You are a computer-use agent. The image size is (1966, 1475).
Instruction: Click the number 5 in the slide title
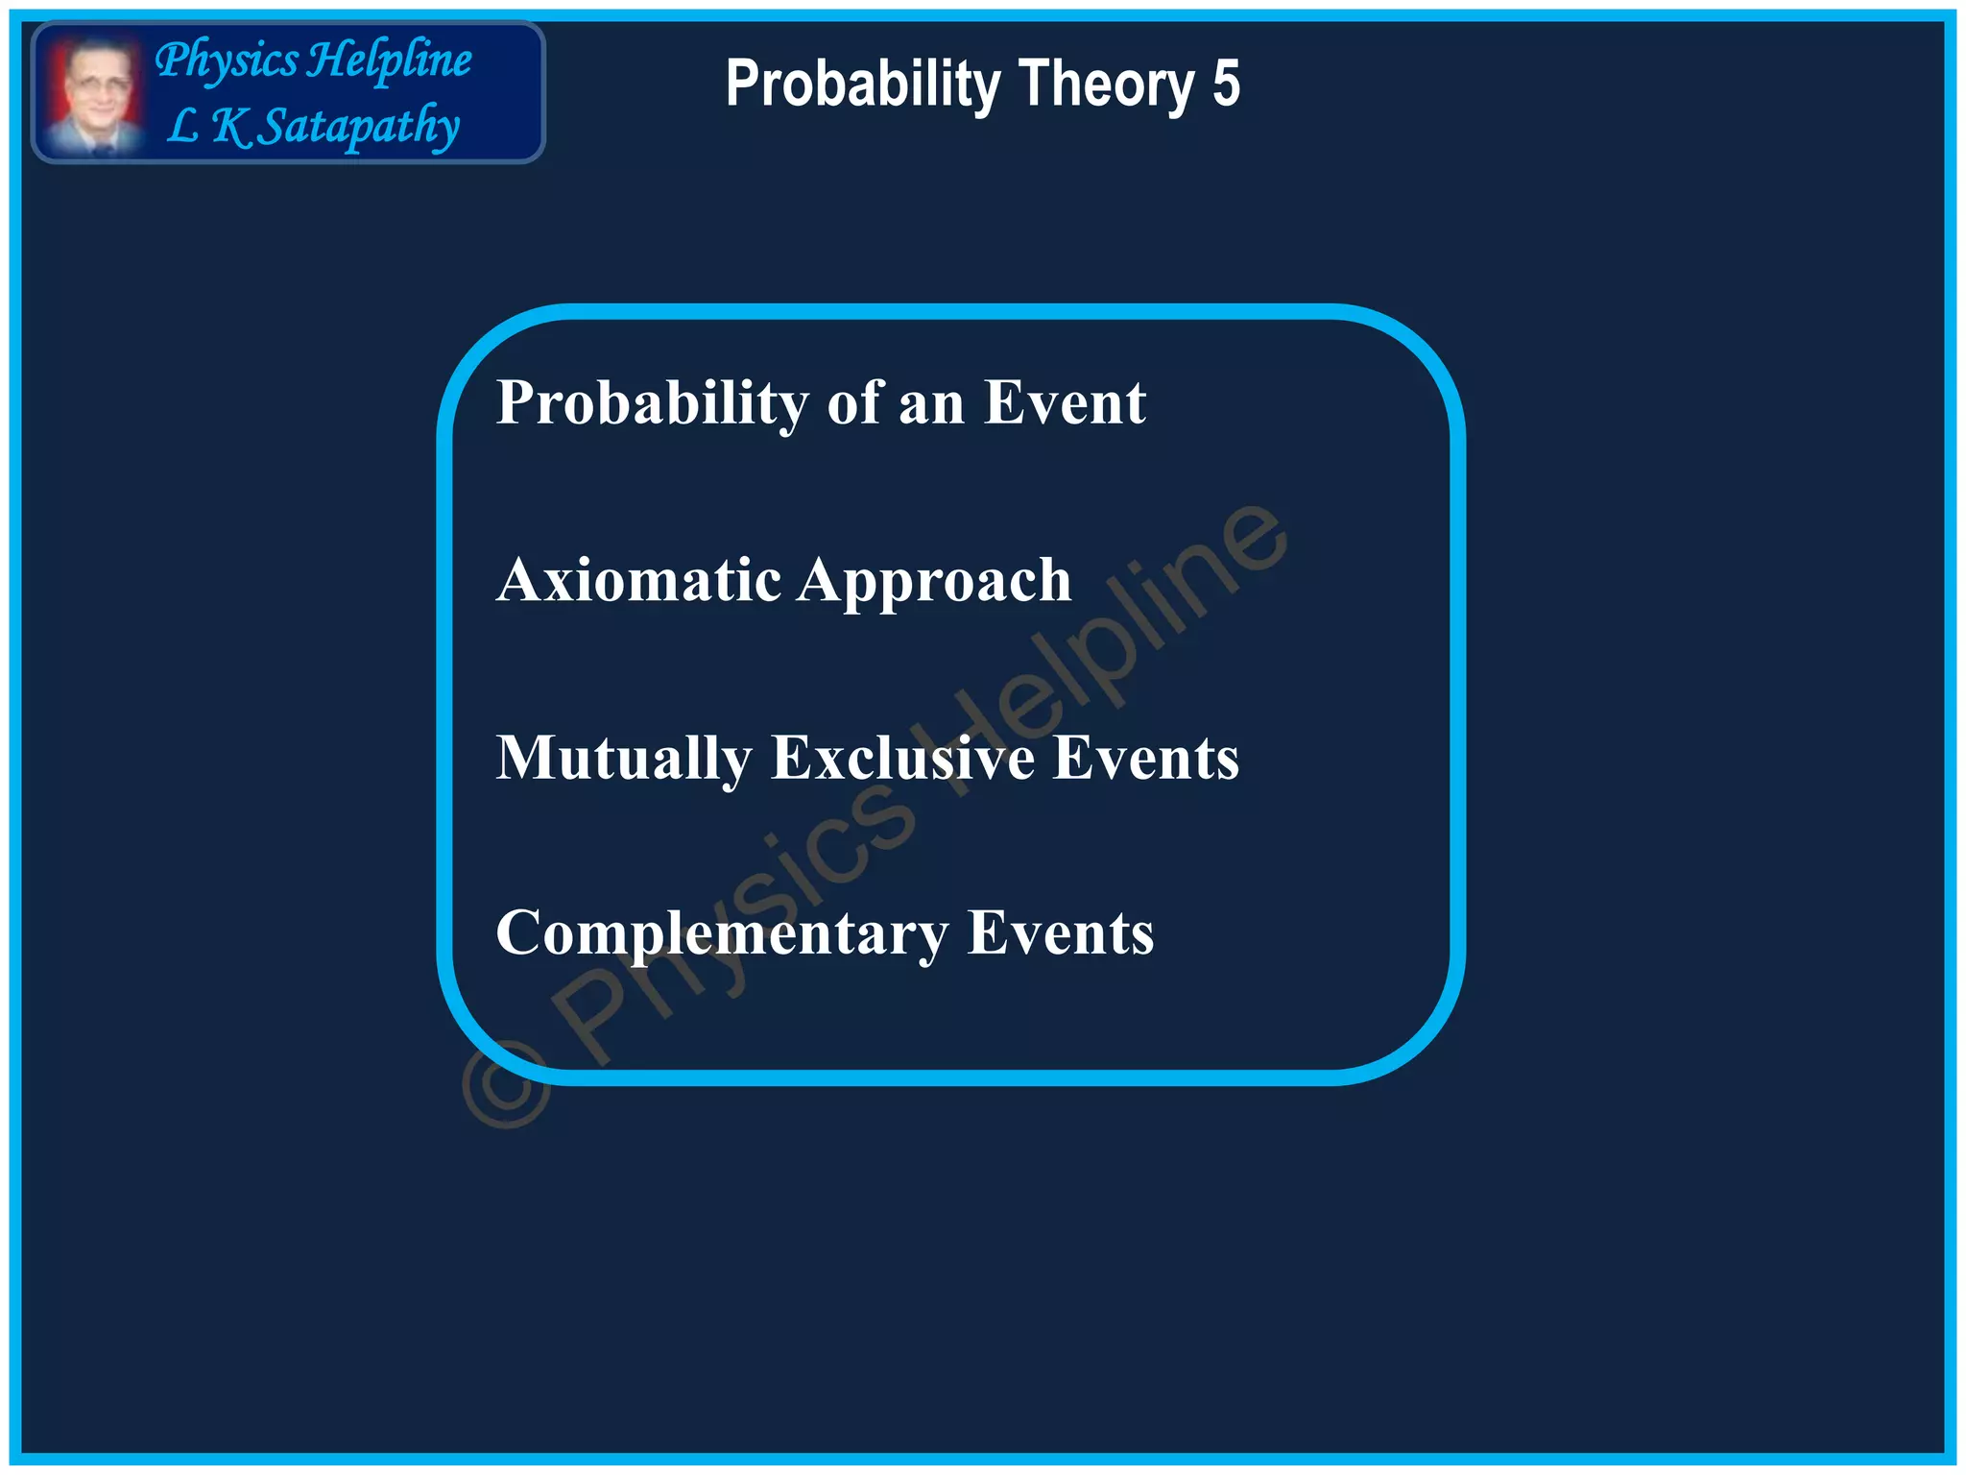pos(1226,84)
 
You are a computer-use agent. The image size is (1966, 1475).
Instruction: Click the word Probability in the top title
pos(864,85)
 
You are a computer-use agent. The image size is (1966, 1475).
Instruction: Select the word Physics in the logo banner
pos(227,61)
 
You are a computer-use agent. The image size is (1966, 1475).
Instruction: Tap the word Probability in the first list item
pos(651,403)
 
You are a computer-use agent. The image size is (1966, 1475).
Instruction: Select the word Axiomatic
pos(638,580)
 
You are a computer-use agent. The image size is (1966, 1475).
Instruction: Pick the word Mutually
pos(623,759)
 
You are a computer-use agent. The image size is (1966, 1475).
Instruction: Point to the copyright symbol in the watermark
pos(507,1085)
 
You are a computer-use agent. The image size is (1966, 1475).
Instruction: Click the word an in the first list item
pos(931,403)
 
